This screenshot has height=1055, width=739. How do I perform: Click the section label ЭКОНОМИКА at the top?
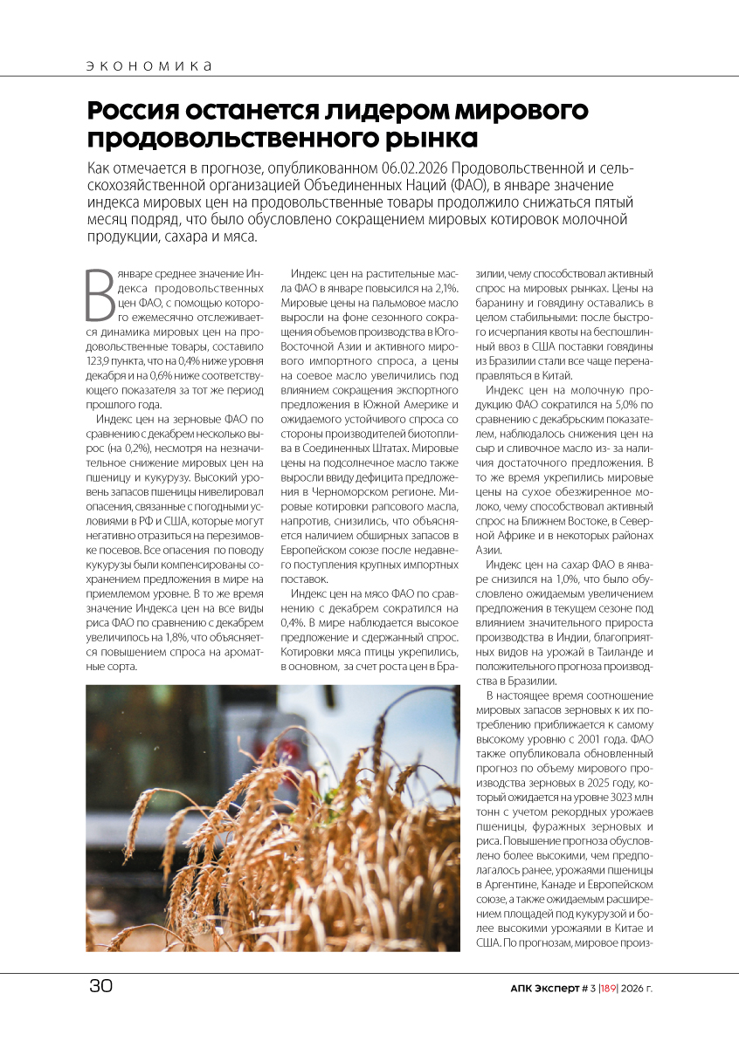150,66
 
